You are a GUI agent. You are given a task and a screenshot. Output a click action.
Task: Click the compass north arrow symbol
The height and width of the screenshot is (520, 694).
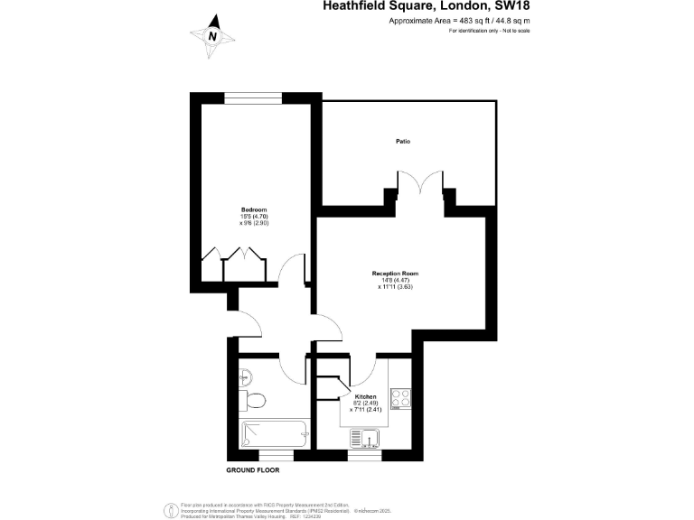tap(212, 35)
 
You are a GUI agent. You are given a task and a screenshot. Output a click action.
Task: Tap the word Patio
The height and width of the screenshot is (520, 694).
tap(403, 141)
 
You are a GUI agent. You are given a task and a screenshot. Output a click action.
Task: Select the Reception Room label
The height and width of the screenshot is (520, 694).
tap(395, 274)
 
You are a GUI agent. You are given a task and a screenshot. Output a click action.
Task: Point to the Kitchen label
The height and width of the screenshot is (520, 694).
tap(365, 397)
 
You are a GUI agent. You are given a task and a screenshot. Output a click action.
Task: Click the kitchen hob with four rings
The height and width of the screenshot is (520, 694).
tap(400, 398)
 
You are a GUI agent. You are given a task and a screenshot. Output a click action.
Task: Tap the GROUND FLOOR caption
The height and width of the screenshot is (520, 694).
tap(252, 470)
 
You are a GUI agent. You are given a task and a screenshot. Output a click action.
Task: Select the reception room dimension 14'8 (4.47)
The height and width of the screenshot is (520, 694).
tap(396, 281)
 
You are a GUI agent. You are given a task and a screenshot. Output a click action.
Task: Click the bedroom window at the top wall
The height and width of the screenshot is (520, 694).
tap(252, 97)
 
